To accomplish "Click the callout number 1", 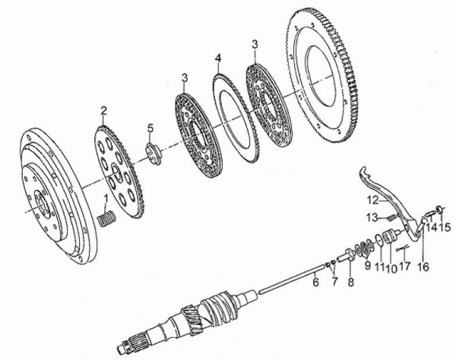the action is coord(106,199).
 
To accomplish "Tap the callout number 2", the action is coord(104,111).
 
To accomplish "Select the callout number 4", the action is coord(218,58).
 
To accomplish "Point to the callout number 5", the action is coord(150,128).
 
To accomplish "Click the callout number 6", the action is coord(316,281).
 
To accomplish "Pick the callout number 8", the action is coord(351,281).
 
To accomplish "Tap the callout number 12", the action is coord(373,201).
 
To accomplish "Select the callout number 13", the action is coord(372,217).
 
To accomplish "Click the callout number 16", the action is coord(424,267).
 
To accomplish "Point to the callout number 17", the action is coord(405,266).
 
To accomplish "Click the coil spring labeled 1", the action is coord(106,220).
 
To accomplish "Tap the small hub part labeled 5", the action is coord(154,153).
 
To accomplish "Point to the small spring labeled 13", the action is coord(391,217).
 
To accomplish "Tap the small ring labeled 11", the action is coord(378,241).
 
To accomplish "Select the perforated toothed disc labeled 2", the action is coord(120,172).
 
